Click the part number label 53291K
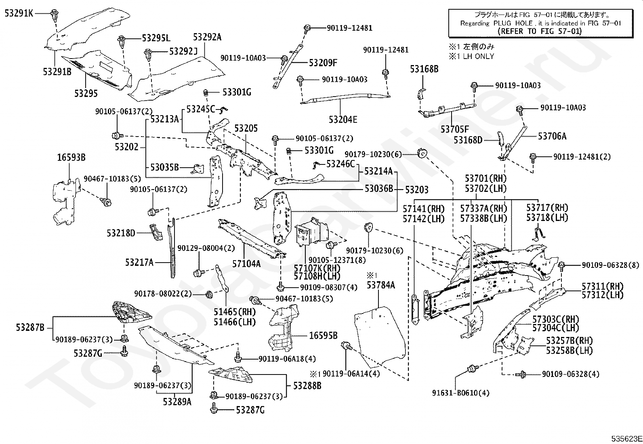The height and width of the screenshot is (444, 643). click(19, 13)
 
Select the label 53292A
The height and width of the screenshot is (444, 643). click(207, 37)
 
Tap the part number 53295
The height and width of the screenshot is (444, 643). click(86, 93)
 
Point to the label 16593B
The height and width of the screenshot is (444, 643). click(71, 158)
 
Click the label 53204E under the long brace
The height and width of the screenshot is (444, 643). click(343, 120)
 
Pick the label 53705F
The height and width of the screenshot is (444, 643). click(455, 129)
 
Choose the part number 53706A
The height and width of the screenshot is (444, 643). click(552, 136)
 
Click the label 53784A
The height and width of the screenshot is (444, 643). click(380, 285)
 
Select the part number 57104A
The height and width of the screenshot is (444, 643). click(246, 264)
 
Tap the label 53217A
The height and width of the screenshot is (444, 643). click(139, 263)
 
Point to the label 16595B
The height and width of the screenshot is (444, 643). click(323, 335)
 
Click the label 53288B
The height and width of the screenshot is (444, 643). click(307, 385)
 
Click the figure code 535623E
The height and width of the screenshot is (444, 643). click(626, 439)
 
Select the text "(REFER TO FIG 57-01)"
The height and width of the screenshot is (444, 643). click(539, 31)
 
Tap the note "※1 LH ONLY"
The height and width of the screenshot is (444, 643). click(471, 56)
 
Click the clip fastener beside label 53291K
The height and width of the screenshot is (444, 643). click(55, 16)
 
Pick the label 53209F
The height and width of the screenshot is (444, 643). click(323, 63)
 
